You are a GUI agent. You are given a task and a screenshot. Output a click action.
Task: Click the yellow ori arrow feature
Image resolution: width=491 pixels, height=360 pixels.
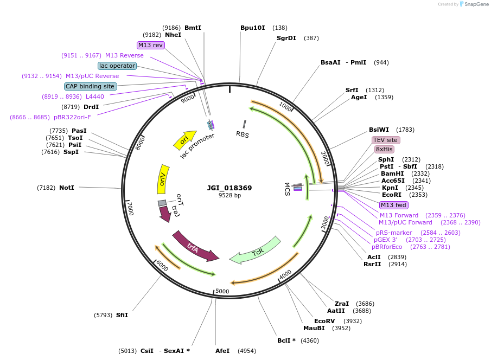[x=184, y=140]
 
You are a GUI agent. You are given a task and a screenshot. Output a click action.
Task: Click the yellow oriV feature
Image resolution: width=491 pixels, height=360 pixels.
[x=162, y=178]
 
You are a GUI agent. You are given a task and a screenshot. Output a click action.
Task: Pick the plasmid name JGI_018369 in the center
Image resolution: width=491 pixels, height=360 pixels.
[x=229, y=188]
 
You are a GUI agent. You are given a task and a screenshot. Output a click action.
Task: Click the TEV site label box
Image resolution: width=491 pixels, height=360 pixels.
[x=386, y=140]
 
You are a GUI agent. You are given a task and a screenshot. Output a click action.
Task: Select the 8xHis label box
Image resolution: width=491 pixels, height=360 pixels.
[x=384, y=149]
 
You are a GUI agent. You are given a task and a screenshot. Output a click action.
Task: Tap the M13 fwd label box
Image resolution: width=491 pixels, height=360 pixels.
[x=394, y=205]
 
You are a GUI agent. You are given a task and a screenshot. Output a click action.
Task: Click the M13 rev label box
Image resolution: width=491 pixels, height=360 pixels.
[x=151, y=45]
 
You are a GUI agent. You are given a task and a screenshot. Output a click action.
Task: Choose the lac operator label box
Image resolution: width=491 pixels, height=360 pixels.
[x=117, y=66]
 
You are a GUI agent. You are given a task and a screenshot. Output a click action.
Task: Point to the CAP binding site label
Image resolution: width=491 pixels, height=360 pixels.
[x=90, y=86]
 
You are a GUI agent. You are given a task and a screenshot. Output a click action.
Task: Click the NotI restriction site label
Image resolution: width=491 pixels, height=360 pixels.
[x=67, y=188]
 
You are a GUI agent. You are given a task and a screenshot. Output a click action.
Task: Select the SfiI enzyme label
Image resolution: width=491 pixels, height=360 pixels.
[x=122, y=315]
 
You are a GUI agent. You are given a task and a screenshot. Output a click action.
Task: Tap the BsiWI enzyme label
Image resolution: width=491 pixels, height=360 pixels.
[x=379, y=130]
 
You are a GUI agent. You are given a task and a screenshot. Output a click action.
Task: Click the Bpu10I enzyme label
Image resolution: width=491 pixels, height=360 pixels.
[x=253, y=28]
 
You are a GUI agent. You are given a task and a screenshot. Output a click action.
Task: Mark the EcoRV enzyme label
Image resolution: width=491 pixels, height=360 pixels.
[x=324, y=321]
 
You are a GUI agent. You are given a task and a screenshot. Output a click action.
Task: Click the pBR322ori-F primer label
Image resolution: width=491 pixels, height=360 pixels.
[x=72, y=117]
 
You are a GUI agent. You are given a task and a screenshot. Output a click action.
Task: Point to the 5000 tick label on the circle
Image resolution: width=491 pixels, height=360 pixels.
[x=222, y=291]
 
